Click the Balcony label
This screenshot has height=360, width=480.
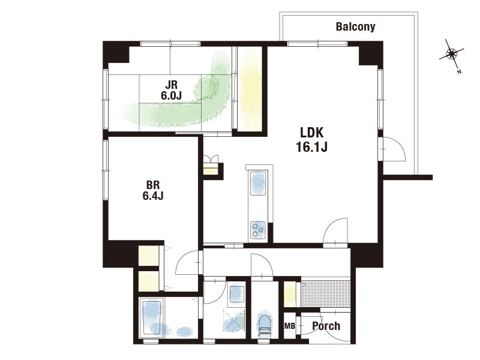click(355, 26)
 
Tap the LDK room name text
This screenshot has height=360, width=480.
click(311, 133)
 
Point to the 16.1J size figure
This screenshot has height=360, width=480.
click(311, 147)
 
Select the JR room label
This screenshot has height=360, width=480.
click(171, 84)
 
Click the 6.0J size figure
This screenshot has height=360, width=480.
click(171, 95)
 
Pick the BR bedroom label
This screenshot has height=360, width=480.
click(153, 185)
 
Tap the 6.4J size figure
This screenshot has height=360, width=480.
click(153, 196)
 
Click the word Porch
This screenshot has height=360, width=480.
click(326, 326)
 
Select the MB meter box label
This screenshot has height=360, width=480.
click(290, 326)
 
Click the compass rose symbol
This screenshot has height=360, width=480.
click(452, 55)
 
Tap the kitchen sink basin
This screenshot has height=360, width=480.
click(258, 183)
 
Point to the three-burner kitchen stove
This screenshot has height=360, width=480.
click(258, 230)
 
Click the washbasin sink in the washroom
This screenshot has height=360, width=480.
click(236, 295)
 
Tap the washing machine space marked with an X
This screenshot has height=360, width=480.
click(235, 322)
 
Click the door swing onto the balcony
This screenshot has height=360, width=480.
click(394, 149)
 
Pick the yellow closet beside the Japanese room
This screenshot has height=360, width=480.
click(250, 89)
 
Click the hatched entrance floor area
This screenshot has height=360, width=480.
click(326, 293)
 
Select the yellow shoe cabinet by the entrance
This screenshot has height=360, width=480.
click(290, 294)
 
